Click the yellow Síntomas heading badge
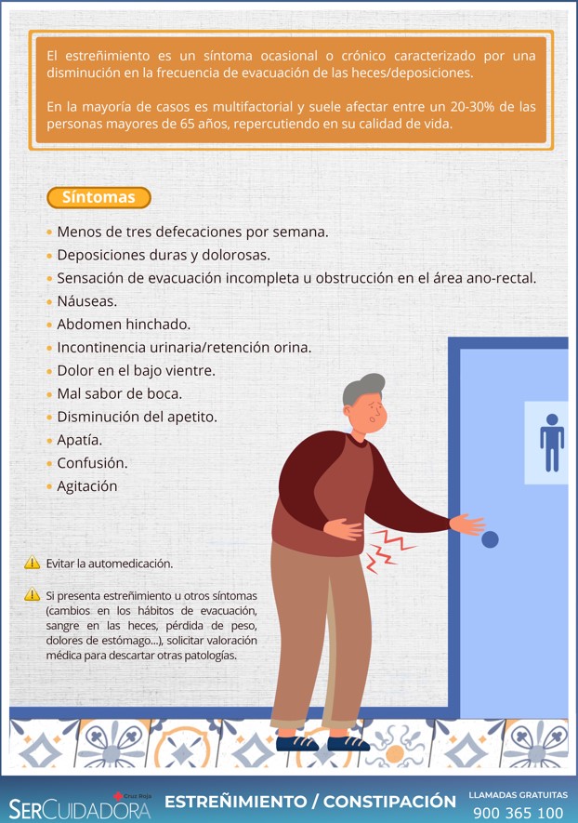(99, 197)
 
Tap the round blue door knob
(490, 539)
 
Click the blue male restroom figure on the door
(552, 443)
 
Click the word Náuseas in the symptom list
(87, 301)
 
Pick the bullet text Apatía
(80, 441)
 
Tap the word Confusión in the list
(92, 463)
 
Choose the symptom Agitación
(87, 486)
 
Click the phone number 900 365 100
(519, 813)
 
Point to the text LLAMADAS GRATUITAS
(519, 795)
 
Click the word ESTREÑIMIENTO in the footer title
(235, 802)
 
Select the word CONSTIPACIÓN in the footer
(389, 802)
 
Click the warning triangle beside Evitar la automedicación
(32, 563)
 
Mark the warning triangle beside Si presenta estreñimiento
(32, 594)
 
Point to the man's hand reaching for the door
(467, 524)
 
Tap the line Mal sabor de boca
(120, 393)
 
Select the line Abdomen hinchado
(124, 325)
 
